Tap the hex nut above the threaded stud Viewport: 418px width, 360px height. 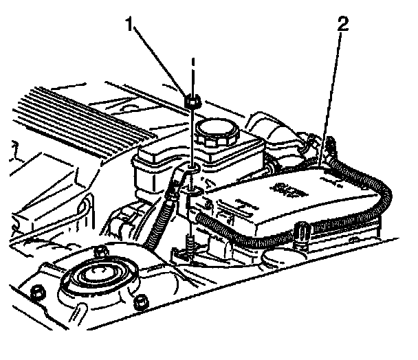(x=193, y=102)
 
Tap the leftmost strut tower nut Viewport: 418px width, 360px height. (x=38, y=292)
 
